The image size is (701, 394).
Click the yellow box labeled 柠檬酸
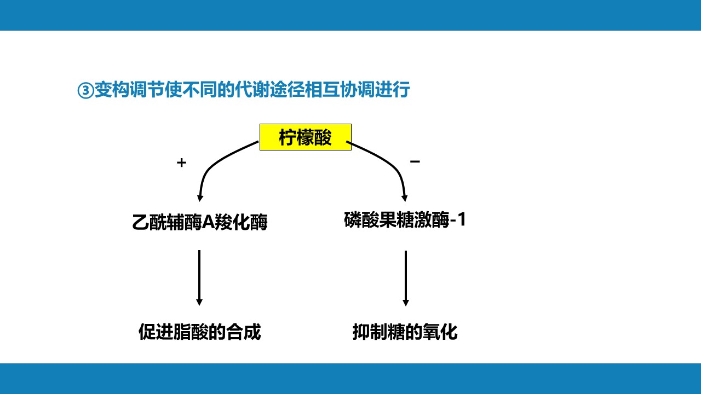point(306,137)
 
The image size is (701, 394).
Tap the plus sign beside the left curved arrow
point(181,163)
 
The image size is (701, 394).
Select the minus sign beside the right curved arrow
point(415,161)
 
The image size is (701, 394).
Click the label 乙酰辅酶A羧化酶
point(200,222)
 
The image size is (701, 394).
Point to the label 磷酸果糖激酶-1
point(405,220)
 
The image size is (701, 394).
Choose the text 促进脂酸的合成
point(200,332)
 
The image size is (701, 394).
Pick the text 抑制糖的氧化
point(405,332)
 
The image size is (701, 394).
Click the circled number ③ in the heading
point(85,90)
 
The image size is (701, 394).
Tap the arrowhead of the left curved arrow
point(200,198)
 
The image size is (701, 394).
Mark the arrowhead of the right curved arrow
point(404,198)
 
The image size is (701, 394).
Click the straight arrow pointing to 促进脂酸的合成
point(199,278)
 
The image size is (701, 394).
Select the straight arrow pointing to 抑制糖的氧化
point(406,279)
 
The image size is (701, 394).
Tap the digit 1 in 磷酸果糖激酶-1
point(462,219)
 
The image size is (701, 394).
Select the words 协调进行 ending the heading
point(375,90)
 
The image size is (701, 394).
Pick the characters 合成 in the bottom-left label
point(244,332)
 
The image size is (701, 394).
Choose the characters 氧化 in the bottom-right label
point(440,332)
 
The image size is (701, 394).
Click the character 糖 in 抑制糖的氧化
point(396,332)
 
